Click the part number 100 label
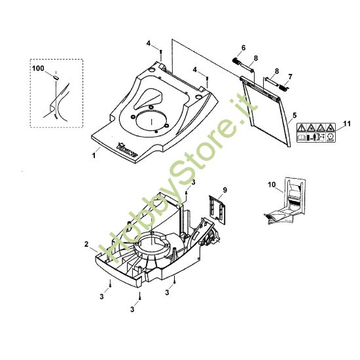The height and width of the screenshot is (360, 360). (38, 69)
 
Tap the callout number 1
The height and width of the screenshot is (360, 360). (94, 155)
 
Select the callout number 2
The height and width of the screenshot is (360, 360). (86, 244)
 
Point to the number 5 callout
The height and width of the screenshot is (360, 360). (295, 115)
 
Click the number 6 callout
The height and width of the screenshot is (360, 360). (243, 48)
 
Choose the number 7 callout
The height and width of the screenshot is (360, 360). (291, 77)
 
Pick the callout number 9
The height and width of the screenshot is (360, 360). (225, 190)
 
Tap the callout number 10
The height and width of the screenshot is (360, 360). (272, 185)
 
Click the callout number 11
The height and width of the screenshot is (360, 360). (347, 124)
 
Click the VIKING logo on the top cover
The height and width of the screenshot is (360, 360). (127, 150)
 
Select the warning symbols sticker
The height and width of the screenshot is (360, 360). (316, 133)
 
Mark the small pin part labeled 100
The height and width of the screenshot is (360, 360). (56, 77)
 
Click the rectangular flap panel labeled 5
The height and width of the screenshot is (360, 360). (266, 111)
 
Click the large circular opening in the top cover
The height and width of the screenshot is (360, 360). (151, 120)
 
